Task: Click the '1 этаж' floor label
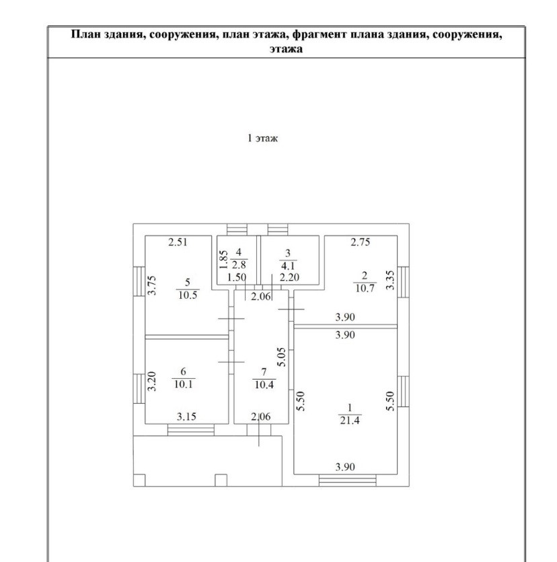263,139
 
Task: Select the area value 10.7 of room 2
364,289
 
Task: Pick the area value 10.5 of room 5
188,294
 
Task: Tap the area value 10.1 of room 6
183,385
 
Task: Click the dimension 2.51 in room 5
178,242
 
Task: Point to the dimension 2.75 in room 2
361,242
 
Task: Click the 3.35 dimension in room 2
389,279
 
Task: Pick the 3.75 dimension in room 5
152,287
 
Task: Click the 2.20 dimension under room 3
289,277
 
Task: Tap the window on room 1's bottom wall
347,480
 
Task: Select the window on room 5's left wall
139,285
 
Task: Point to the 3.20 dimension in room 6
152,382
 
